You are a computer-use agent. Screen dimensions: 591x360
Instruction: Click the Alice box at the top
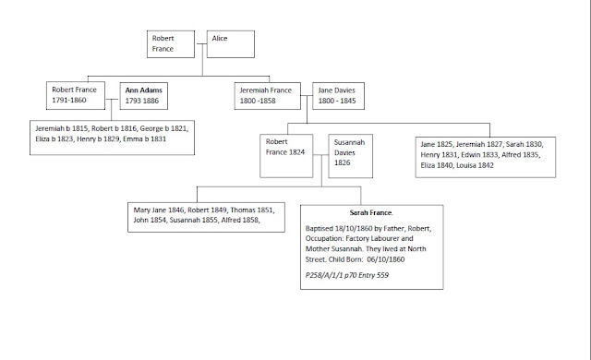[231, 44]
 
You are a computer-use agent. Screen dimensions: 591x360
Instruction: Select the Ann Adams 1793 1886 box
[144, 96]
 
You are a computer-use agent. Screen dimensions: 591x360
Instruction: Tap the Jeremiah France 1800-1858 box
[268, 96]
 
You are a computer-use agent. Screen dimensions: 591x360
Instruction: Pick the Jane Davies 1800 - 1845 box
[339, 96]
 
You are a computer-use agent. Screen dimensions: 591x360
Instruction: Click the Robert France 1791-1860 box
[76, 96]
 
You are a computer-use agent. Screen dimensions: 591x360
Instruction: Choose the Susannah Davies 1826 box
[351, 156]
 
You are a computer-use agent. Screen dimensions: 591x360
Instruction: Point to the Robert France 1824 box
[286, 156]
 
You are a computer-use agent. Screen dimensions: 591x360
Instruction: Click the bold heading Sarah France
[371, 212]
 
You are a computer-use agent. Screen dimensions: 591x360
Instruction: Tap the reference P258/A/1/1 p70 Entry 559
[347, 275]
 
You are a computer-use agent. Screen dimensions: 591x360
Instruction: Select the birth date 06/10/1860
[386, 259]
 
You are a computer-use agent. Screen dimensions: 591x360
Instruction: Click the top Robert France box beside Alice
[171, 44]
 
